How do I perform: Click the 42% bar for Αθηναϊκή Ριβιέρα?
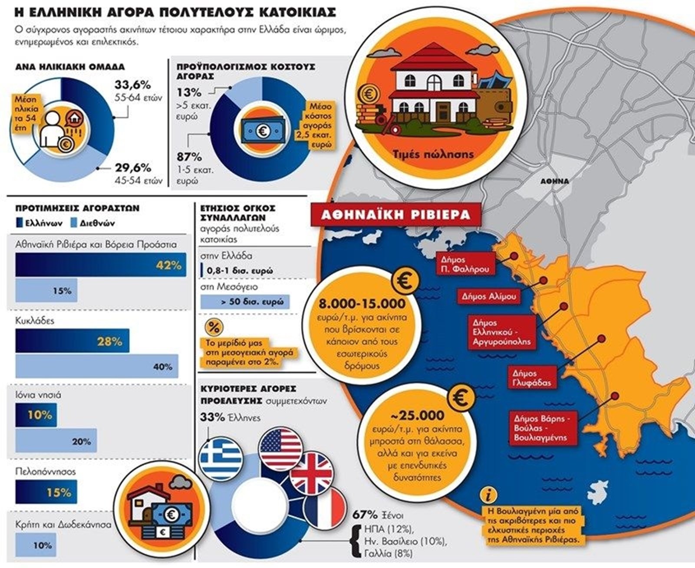pos(101,265)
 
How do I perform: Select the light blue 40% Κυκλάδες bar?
pos(96,366)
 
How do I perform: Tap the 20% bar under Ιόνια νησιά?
pos(56,441)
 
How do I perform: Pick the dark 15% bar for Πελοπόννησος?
pos(46,492)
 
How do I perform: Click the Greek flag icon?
pos(221,458)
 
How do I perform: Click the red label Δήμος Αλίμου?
pos(489,296)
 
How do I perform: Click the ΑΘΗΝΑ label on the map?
pos(554,181)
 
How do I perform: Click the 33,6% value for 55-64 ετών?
pos(132,84)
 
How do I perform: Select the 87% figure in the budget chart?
pos(189,157)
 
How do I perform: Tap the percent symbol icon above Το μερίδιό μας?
pos(214,328)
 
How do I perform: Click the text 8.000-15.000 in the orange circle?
pos(362,303)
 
